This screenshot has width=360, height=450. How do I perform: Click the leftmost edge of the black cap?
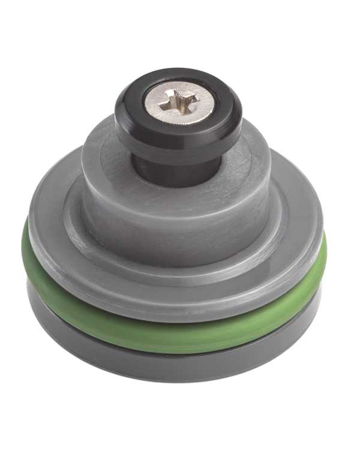[x=116, y=117]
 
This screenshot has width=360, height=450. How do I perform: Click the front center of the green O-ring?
[x=174, y=332]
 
